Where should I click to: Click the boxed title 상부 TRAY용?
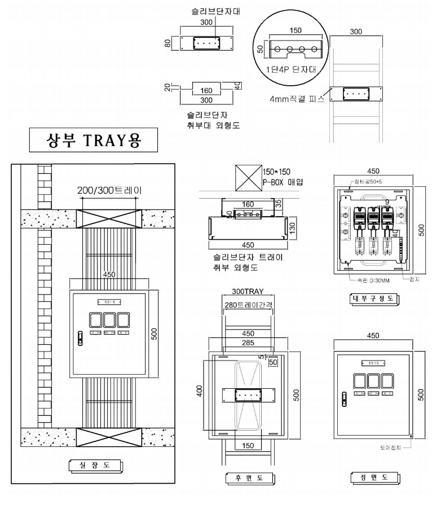click(92, 140)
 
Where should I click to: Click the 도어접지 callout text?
click(392, 450)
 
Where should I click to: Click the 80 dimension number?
click(167, 43)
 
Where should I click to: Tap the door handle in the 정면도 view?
click(343, 398)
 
